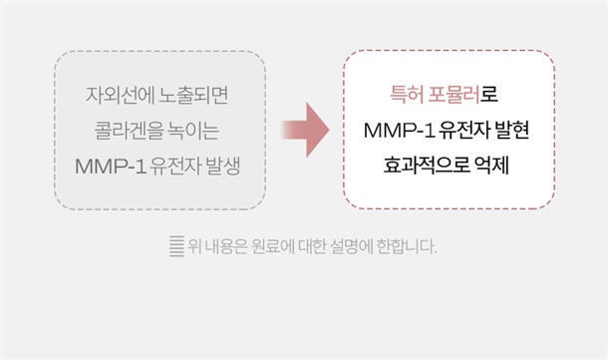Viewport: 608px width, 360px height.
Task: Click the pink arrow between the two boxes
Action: pos(306,130)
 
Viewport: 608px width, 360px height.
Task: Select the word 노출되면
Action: pos(194,96)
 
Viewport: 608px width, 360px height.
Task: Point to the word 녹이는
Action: pos(193,131)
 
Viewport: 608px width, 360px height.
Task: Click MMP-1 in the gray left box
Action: pos(111,166)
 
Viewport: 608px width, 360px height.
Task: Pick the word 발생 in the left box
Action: pos(223,166)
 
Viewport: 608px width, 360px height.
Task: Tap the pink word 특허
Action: pos(407,95)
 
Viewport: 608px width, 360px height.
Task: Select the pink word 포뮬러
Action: pos(455,95)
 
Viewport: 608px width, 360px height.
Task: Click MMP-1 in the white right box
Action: pos(399,131)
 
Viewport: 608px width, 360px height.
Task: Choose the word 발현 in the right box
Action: pos(512,130)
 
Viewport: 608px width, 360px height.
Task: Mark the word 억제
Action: pos(491,166)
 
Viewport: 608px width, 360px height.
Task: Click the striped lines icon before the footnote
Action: pos(176,246)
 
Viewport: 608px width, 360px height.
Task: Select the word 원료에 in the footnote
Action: pos(272,246)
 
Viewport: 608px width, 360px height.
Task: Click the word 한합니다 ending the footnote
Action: pos(407,246)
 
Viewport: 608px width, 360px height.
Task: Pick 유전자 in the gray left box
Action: pos(175,166)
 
